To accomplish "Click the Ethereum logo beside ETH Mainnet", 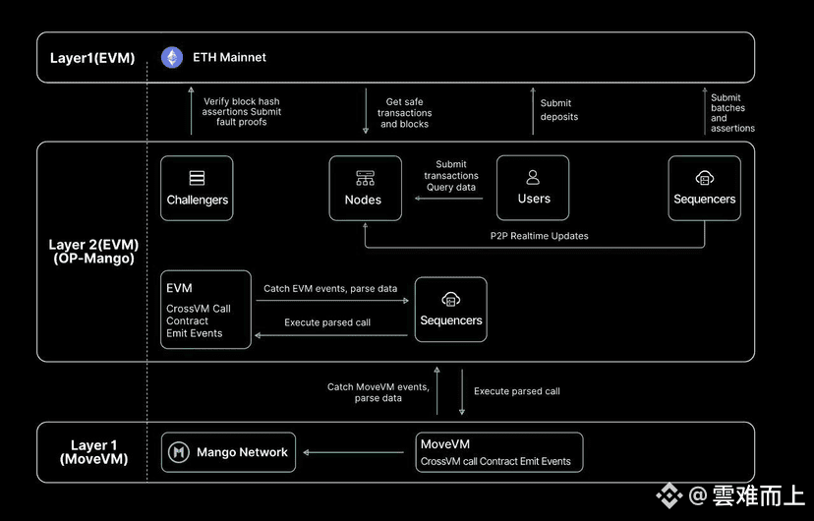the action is point(172,57).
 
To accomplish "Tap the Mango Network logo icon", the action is point(179,452).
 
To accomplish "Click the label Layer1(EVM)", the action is point(92,58).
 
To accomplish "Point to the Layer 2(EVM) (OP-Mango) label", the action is point(94,252).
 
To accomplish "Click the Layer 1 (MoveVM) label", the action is point(94,452).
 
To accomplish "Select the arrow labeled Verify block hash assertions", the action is point(191,110).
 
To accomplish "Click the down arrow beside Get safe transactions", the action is point(366,111).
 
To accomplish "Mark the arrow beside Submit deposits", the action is point(533,111).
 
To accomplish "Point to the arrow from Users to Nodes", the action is point(448,199).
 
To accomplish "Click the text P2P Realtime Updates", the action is point(540,236).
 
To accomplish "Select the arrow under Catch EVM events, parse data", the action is point(332,301).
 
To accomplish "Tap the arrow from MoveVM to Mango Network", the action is point(353,452).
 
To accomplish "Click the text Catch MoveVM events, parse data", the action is point(378,393).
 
